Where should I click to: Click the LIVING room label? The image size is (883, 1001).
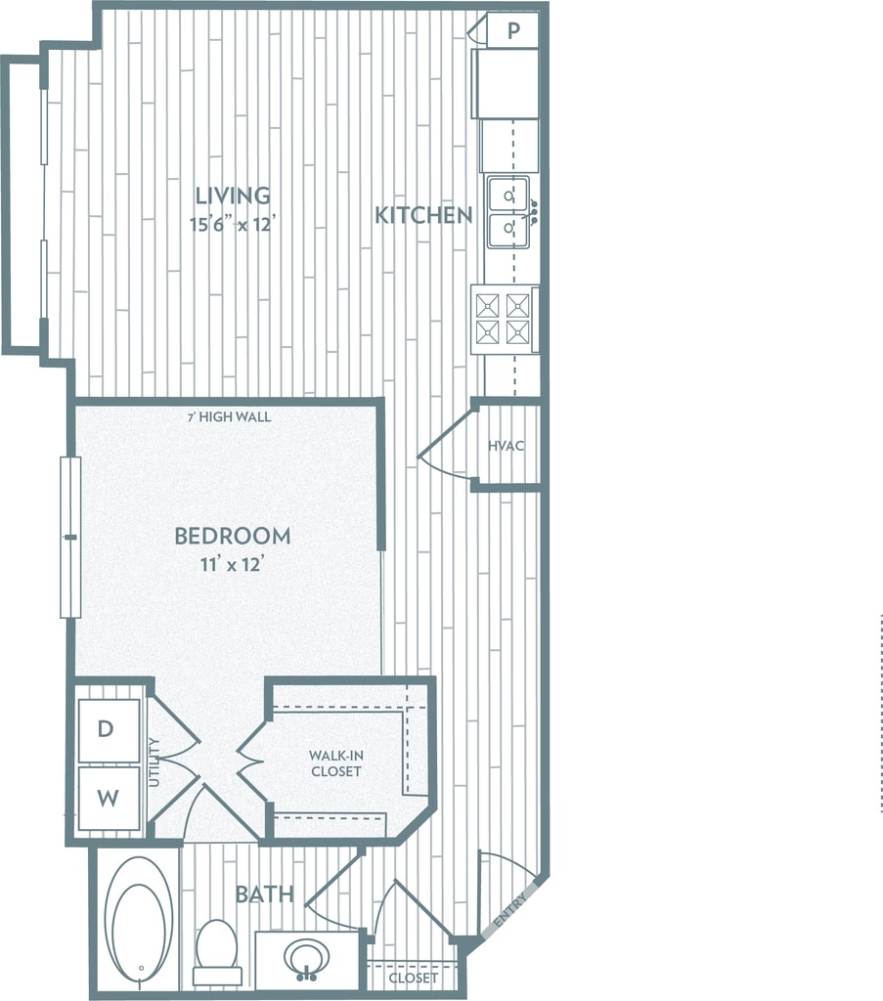pos(232,195)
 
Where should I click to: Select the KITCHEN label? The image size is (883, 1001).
pos(423,215)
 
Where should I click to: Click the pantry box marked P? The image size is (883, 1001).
pos(513,30)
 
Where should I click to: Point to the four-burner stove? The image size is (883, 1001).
pos(504,319)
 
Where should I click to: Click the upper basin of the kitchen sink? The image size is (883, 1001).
pos(508,195)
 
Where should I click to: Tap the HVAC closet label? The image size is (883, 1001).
pos(507,446)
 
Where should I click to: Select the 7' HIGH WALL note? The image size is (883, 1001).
pos(229,417)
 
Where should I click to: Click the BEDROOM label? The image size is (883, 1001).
pos(232,536)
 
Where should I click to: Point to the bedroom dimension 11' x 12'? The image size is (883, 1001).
pos(232,565)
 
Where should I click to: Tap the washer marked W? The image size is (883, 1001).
pos(108,798)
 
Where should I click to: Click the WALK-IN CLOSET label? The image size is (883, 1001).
pos(335,763)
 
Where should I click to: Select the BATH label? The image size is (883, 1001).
pos(264,893)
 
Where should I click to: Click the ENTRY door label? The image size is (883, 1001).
pos(512,910)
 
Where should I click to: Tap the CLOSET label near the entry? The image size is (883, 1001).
pos(413,979)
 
